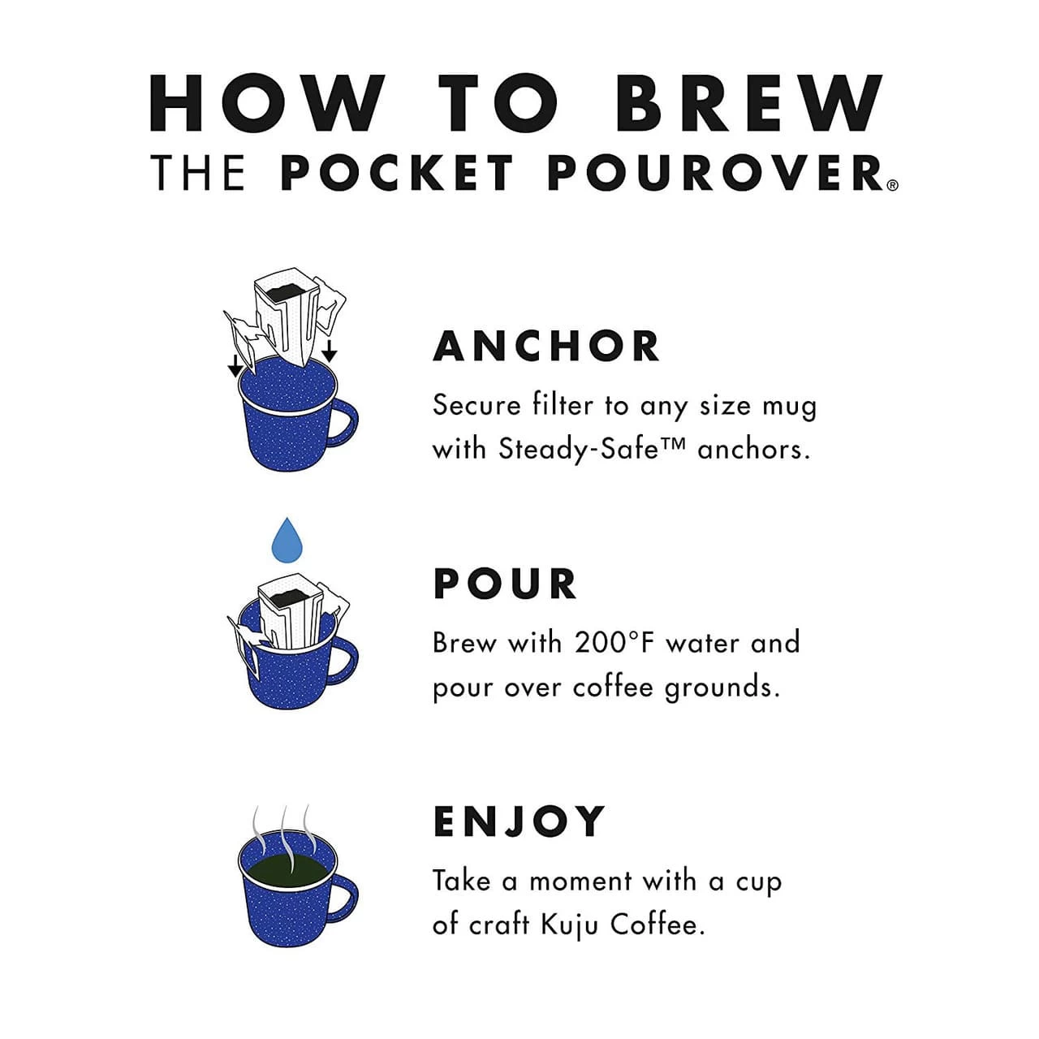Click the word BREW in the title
click(x=748, y=104)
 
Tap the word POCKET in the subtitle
click(x=398, y=173)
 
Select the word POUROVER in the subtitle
click(x=715, y=173)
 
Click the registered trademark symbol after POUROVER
click(x=893, y=185)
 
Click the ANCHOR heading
click(x=547, y=347)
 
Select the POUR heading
click(x=505, y=584)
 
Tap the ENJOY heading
click(x=519, y=821)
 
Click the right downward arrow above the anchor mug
click(x=329, y=351)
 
